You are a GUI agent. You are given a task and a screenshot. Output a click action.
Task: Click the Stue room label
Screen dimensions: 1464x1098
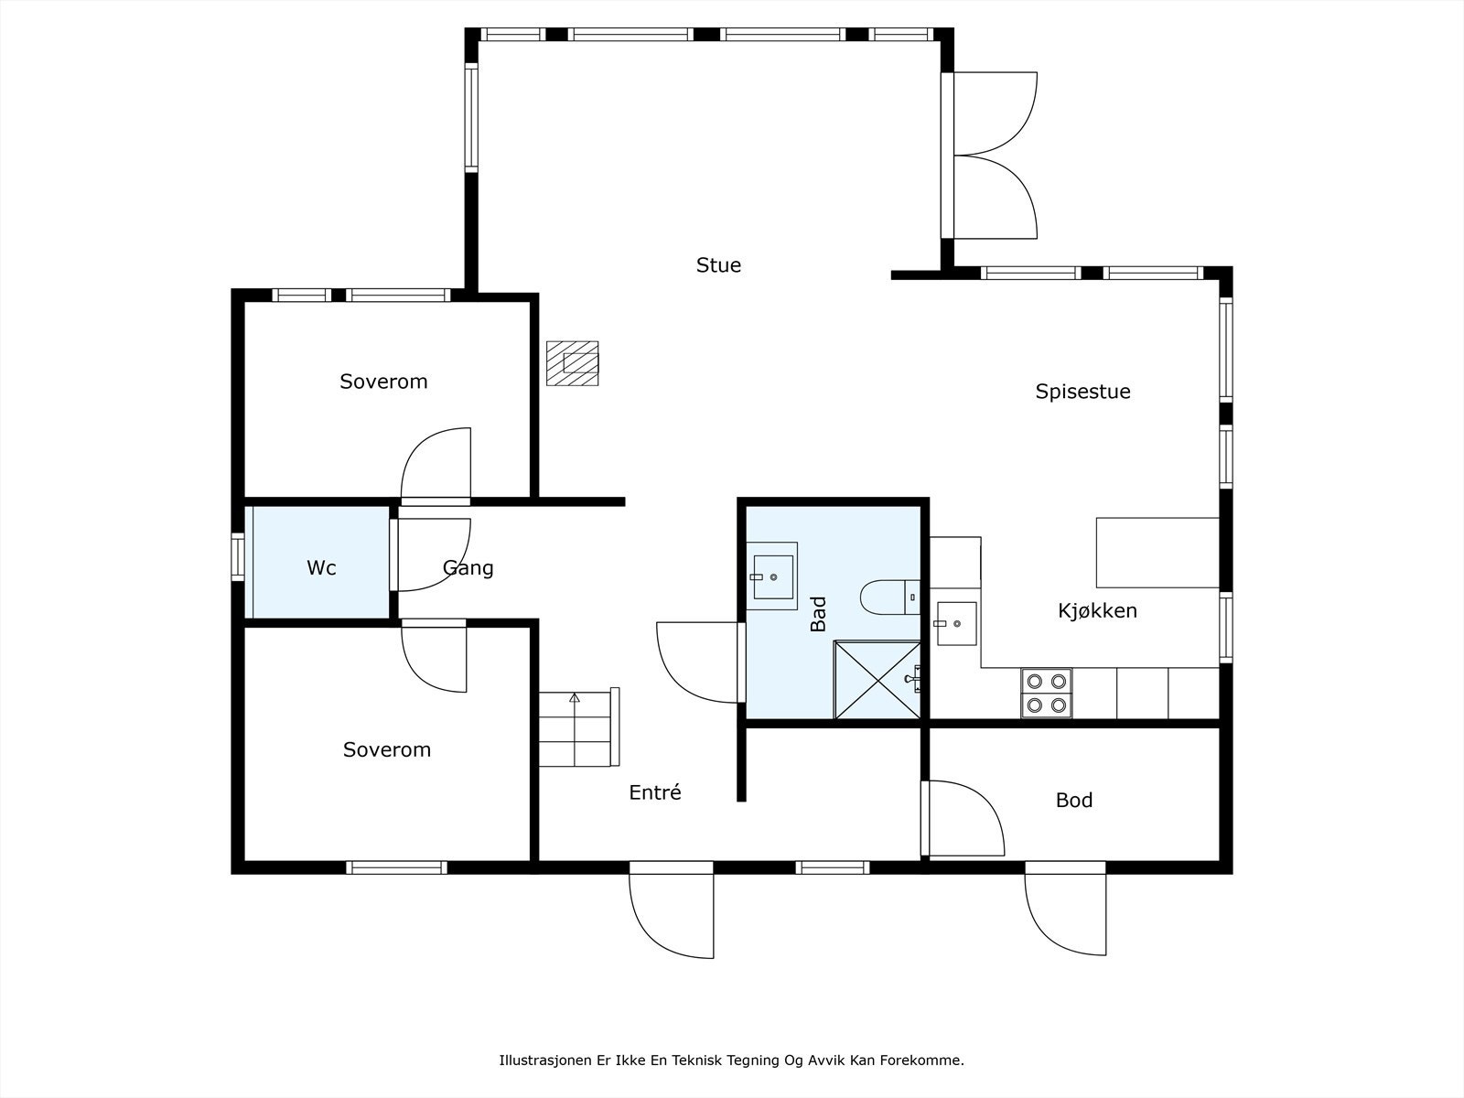click(x=718, y=265)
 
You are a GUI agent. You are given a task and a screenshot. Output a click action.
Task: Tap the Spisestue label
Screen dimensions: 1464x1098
click(x=1082, y=392)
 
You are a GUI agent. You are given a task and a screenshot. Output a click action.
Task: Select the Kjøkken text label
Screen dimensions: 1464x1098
click(x=1097, y=610)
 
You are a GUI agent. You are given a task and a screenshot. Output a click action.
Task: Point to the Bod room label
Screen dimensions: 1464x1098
click(x=1074, y=800)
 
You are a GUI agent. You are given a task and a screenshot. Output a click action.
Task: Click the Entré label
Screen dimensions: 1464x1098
click(x=655, y=792)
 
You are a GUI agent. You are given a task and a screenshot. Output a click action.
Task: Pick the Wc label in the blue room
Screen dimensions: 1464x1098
click(x=321, y=568)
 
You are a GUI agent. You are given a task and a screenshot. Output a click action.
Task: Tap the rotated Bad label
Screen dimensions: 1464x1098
click(x=818, y=614)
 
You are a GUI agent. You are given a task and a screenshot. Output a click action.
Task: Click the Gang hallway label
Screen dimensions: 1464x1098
click(x=468, y=568)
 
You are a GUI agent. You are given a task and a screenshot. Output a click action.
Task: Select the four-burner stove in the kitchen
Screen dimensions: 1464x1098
click(x=1047, y=694)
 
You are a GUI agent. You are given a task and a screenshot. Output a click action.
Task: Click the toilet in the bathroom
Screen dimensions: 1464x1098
click(x=890, y=597)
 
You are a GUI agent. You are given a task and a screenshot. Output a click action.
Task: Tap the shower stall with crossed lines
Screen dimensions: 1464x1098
click(x=877, y=680)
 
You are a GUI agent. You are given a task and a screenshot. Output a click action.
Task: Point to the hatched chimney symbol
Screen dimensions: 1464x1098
click(x=572, y=363)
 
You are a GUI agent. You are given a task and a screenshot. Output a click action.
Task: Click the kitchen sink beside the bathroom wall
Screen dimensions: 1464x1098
click(x=956, y=624)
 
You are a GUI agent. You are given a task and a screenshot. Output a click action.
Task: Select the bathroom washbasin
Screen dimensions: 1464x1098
click(x=772, y=576)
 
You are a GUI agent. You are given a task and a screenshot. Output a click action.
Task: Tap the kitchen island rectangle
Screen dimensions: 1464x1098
click(x=1157, y=553)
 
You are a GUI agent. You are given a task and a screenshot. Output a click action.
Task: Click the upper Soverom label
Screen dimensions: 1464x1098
click(x=383, y=382)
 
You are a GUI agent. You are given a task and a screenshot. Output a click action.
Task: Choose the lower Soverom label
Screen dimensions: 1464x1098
click(x=387, y=750)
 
